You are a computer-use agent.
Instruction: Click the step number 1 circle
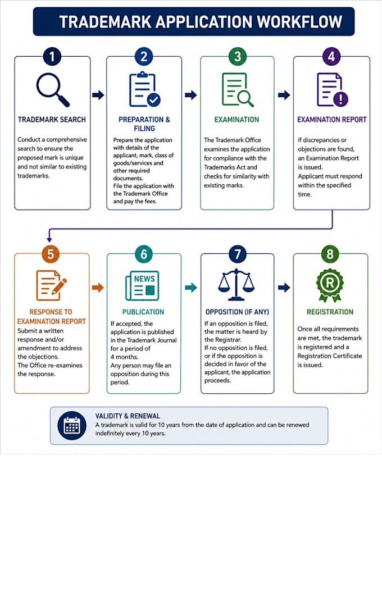click(52, 57)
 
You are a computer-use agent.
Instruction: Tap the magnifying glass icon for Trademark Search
click(53, 90)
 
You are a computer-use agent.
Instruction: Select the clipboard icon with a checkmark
click(144, 90)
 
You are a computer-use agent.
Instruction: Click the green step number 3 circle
click(238, 57)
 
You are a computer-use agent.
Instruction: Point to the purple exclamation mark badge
click(340, 99)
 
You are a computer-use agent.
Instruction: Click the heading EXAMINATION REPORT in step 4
click(332, 120)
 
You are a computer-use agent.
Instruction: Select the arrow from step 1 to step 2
click(98, 94)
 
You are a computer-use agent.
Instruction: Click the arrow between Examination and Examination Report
click(284, 94)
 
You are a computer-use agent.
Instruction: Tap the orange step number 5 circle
click(51, 254)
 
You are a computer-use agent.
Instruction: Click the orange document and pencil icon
click(51, 285)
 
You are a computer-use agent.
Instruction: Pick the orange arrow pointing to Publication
click(98, 288)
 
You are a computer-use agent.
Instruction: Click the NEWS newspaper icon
click(143, 286)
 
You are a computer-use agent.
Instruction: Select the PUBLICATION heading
click(143, 312)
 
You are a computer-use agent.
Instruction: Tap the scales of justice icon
click(236, 285)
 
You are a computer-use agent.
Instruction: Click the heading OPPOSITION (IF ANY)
click(237, 312)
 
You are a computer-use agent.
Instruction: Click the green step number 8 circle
click(330, 254)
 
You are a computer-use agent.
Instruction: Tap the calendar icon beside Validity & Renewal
click(72, 426)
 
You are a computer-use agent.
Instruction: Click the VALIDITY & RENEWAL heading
click(128, 416)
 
